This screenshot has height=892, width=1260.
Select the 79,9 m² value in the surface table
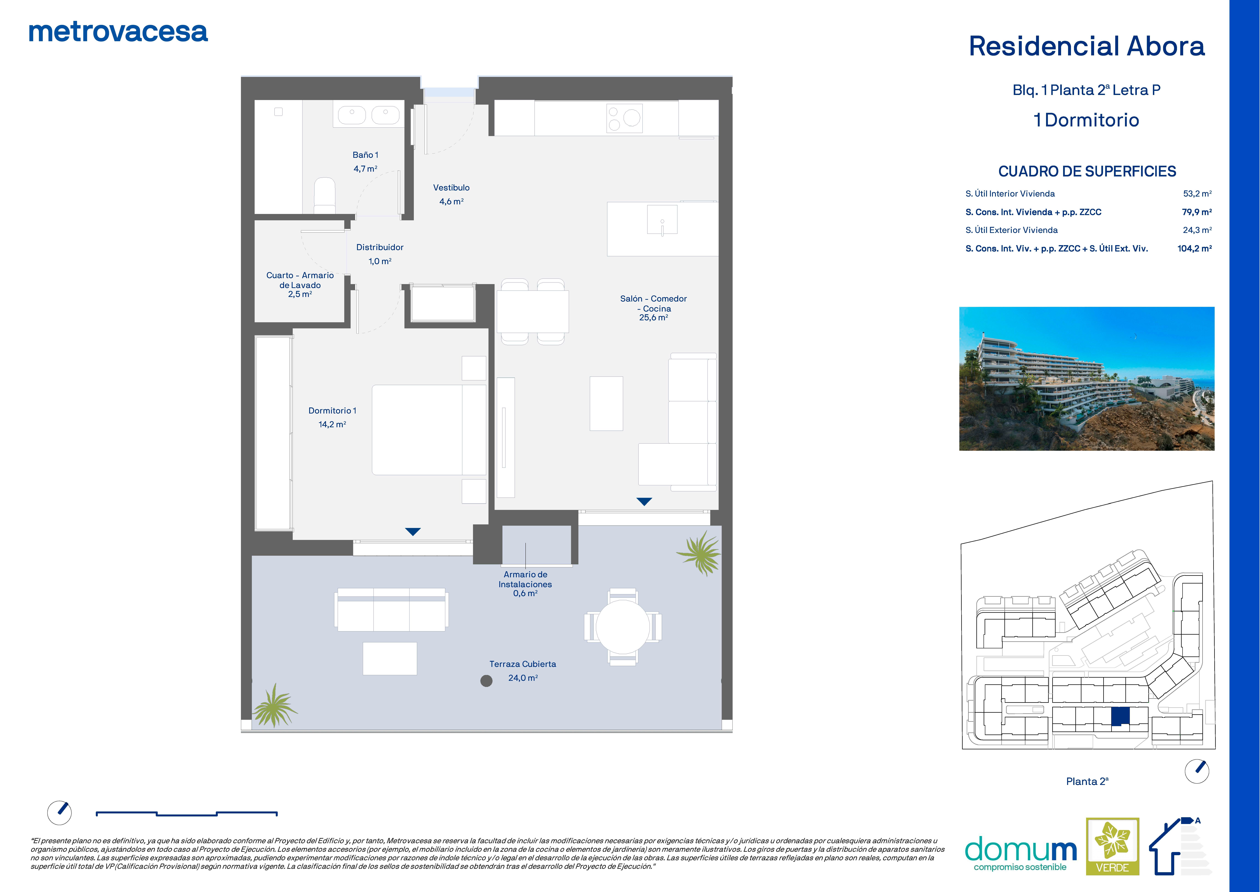[x=1197, y=212]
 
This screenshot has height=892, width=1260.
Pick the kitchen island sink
[x=662, y=220]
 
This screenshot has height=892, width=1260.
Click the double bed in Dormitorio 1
[x=429, y=430]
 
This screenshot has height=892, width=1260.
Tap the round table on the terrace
[x=623, y=627]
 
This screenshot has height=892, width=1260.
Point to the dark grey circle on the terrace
[x=486, y=681]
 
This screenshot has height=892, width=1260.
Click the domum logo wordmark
[x=1020, y=850]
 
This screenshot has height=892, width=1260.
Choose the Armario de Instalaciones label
[x=525, y=584]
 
